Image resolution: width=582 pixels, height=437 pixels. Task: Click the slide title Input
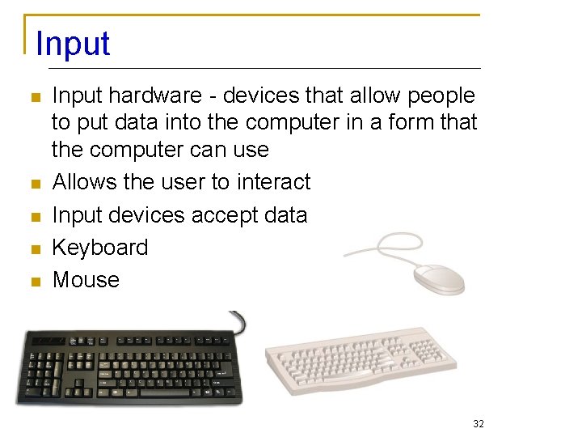coord(73,44)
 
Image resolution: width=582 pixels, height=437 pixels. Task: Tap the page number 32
coord(478,424)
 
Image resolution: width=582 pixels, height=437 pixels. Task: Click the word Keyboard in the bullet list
coord(100,248)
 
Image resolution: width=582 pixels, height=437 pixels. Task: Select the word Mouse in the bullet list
coord(86,280)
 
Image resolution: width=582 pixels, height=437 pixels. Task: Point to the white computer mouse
coord(439,278)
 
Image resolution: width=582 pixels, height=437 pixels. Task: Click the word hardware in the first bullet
coord(155,96)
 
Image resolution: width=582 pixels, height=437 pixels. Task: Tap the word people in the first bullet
coord(441,96)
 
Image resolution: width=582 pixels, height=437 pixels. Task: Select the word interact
coord(273,182)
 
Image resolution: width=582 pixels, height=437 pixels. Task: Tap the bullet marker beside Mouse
coord(34,282)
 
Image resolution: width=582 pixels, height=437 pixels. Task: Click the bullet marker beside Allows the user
coord(34,184)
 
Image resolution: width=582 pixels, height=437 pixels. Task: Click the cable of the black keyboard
coord(240,320)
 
